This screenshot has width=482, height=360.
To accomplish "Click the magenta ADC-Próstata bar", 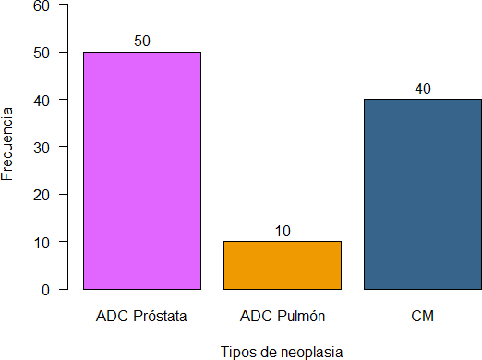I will pyautogui.click(x=142, y=171).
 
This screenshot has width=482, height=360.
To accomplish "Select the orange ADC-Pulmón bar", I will pyautogui.click(x=283, y=265).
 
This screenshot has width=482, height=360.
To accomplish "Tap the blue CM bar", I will pyautogui.click(x=423, y=194).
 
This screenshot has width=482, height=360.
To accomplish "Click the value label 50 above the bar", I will pyautogui.click(x=142, y=42).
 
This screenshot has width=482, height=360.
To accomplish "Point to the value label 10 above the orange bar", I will pyautogui.click(x=283, y=231).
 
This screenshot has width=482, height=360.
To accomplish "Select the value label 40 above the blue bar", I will pyautogui.click(x=423, y=89).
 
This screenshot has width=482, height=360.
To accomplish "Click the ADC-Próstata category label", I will pyautogui.click(x=142, y=317).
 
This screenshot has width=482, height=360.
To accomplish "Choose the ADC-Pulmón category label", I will pyautogui.click(x=283, y=317).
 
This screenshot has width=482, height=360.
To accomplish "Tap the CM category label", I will pyautogui.click(x=423, y=317).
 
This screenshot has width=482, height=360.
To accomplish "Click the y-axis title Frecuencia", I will pyautogui.click(x=8, y=146).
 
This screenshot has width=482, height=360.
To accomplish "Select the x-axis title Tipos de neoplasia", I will pyautogui.click(x=283, y=352).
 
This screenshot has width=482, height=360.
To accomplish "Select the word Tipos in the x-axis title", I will pyautogui.click(x=238, y=352).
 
